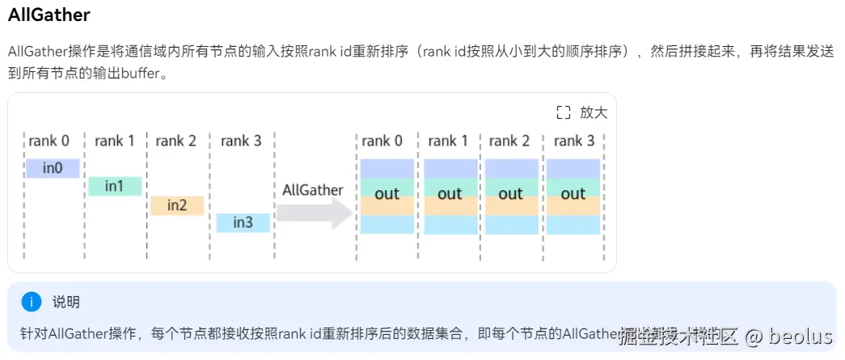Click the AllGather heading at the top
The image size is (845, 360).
(49, 15)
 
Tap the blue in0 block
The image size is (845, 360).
(53, 168)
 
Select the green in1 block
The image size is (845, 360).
(115, 186)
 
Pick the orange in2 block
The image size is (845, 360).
(177, 205)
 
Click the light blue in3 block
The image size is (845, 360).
(243, 222)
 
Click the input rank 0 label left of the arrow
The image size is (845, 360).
(49, 141)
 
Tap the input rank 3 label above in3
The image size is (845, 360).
(241, 141)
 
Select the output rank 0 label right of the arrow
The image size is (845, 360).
(382, 141)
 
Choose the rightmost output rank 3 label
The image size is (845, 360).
(575, 141)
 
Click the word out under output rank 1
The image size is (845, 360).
(450, 194)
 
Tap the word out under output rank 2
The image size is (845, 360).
(511, 194)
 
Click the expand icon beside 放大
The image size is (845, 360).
(564, 112)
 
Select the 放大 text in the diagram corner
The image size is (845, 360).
(594, 112)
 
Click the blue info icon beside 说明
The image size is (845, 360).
(31, 303)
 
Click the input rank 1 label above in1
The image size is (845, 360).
(115, 141)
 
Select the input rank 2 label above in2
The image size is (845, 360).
(176, 141)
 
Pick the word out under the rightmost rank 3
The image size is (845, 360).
(573, 194)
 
